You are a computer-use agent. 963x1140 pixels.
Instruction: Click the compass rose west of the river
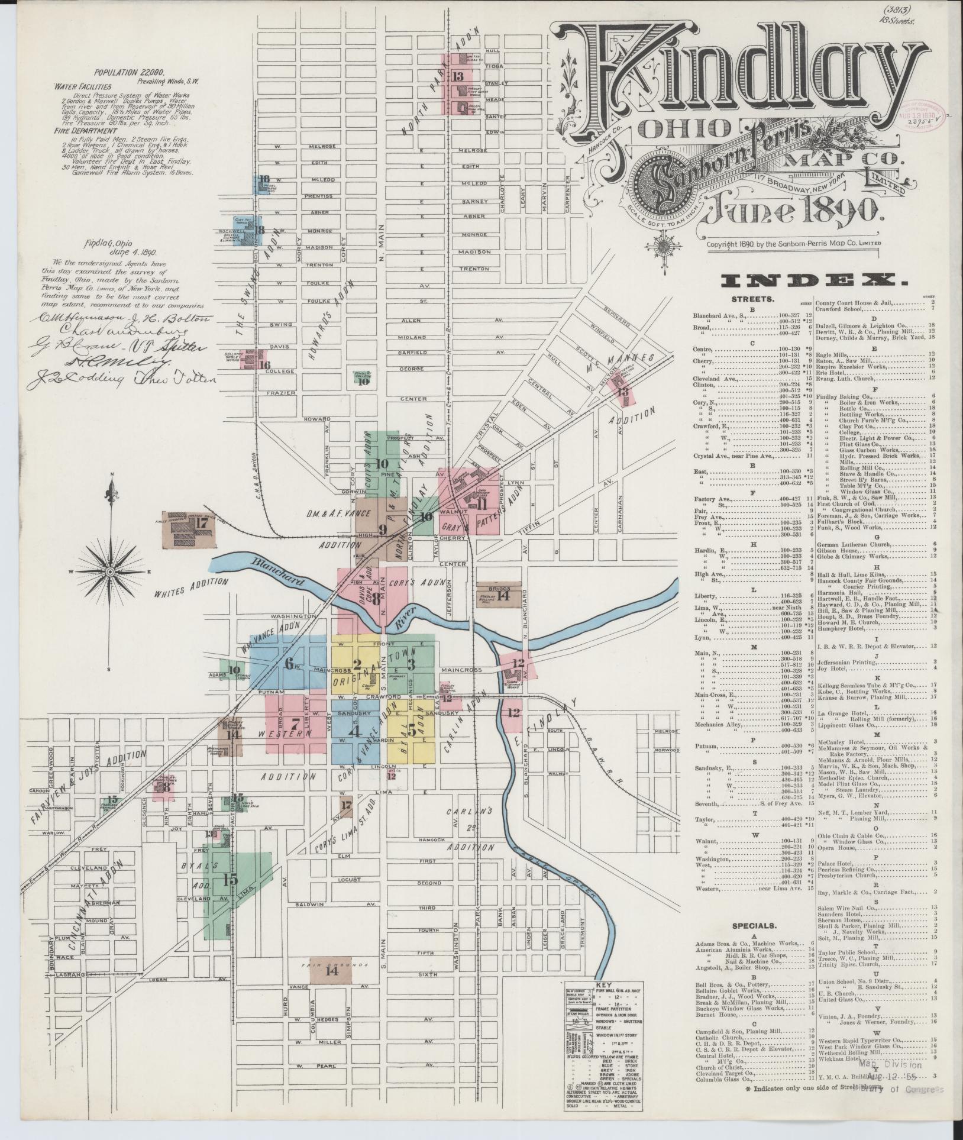[110, 572]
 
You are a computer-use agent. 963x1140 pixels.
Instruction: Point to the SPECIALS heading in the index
[754, 926]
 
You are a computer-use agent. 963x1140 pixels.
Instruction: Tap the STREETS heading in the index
[753, 299]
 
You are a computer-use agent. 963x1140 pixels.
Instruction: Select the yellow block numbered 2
[356, 664]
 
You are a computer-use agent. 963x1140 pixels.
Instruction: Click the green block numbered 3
[411, 664]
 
